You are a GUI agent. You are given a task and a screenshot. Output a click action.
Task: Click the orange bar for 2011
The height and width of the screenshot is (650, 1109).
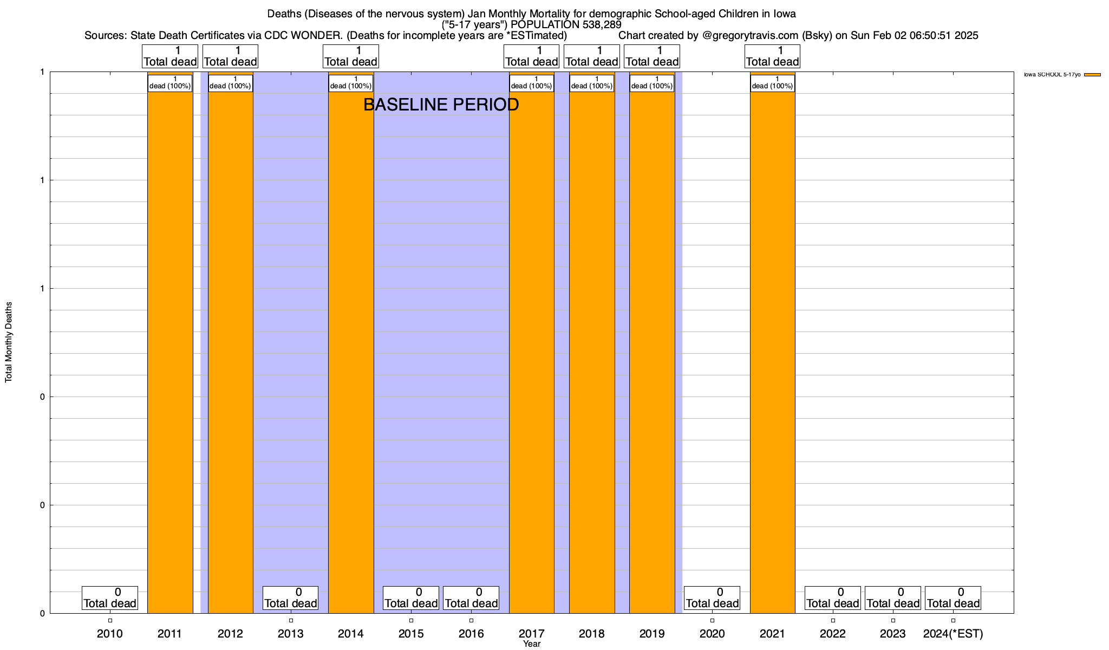click(170, 347)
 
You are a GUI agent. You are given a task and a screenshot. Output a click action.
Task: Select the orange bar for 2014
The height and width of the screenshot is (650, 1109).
click(351, 347)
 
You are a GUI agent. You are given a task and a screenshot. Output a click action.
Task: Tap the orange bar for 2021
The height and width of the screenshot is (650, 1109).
click(772, 347)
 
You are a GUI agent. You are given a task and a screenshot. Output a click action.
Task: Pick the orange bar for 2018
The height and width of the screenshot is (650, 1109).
click(592, 347)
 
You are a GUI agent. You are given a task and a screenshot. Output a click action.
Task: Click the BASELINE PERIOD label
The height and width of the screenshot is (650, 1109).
click(441, 105)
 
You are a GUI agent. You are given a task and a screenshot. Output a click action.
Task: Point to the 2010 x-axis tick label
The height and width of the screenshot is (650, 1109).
click(110, 634)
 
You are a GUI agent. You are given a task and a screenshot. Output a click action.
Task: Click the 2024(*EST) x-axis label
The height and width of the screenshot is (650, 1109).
click(953, 634)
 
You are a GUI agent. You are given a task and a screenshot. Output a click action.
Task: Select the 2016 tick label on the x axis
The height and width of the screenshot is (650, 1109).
click(471, 634)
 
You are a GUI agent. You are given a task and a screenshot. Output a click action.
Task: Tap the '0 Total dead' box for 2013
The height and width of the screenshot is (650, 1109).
click(291, 598)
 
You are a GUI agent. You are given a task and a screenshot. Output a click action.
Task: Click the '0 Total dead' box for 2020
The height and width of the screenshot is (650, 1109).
click(712, 598)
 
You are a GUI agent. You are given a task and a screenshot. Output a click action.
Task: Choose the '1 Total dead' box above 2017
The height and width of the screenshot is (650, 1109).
click(532, 56)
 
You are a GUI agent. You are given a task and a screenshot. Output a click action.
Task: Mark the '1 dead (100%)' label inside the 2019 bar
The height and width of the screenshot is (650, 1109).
click(652, 83)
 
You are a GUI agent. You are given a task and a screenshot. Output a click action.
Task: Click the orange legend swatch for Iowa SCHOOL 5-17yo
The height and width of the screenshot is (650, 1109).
click(1092, 75)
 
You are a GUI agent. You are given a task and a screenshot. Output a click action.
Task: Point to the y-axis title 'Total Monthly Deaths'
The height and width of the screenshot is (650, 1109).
click(9, 342)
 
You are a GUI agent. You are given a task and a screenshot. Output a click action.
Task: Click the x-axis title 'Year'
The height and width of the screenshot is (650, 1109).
click(532, 644)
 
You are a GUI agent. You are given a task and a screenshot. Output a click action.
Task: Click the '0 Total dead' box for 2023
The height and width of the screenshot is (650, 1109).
click(893, 598)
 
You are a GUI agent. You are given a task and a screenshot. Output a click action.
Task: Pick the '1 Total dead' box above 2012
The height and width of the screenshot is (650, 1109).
click(230, 56)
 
